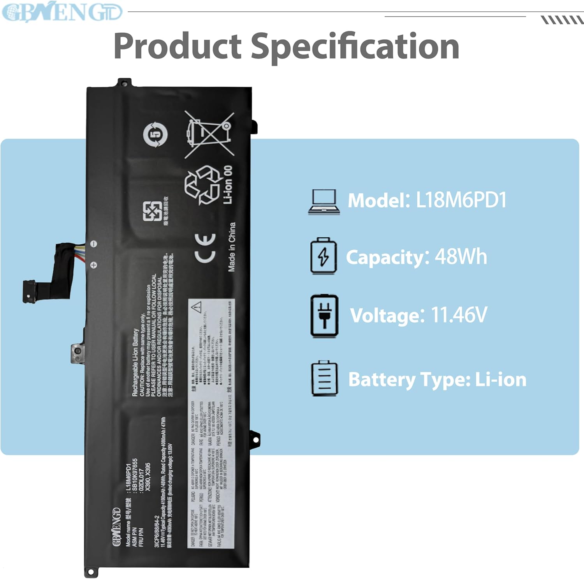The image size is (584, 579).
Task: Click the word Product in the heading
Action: (x=178, y=46)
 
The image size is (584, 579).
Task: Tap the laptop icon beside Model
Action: (x=324, y=202)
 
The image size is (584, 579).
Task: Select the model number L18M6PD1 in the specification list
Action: (x=461, y=200)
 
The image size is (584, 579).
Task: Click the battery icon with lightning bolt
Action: (x=323, y=256)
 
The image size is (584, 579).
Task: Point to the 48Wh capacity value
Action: (x=461, y=257)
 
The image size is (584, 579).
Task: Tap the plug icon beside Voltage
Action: (x=324, y=316)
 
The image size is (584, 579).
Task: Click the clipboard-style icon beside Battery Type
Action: (x=324, y=379)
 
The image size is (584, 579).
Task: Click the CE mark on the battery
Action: (x=205, y=248)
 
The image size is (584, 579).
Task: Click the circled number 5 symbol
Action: (x=155, y=135)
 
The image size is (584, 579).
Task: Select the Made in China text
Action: (x=232, y=247)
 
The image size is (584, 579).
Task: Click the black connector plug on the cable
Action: (x=30, y=291)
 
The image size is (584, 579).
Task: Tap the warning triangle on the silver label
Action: (x=197, y=307)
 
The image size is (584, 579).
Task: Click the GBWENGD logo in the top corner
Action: (x=62, y=12)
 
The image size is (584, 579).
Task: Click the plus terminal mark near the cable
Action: (x=94, y=265)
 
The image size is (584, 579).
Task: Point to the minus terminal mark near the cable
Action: (x=94, y=244)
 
